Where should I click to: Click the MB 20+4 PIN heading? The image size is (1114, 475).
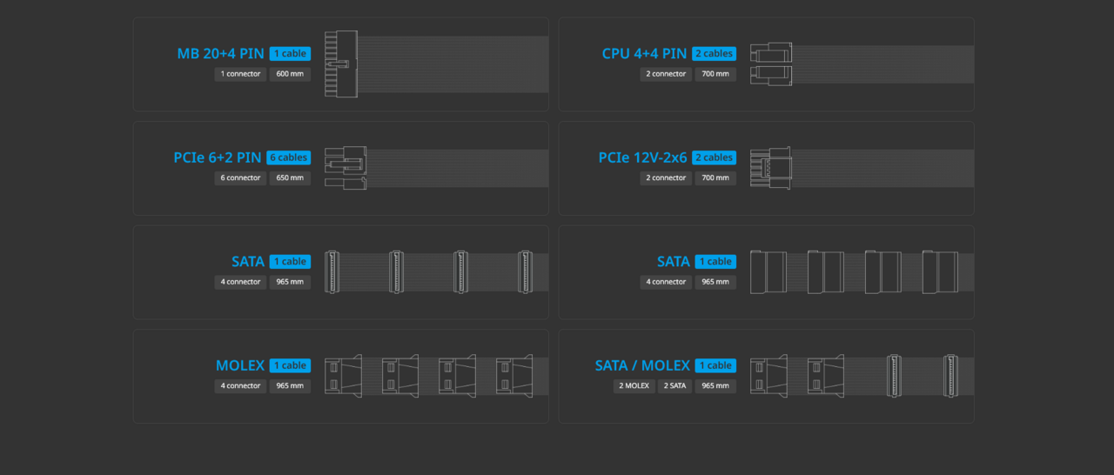click(220, 54)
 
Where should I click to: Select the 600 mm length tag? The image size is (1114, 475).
click(290, 74)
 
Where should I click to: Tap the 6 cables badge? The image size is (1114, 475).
click(288, 157)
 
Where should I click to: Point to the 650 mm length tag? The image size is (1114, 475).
click(290, 178)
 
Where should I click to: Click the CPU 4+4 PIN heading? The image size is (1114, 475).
click(644, 54)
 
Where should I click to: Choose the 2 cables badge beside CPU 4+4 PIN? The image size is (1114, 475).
click(714, 54)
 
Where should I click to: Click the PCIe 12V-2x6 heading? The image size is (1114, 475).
click(642, 157)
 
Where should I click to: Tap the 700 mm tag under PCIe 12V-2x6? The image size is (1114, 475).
click(715, 178)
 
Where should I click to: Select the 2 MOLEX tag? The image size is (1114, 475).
click(634, 386)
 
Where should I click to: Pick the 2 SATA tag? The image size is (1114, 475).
click(674, 386)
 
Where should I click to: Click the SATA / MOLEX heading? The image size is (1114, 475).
click(642, 365)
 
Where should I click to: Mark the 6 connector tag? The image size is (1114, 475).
click(240, 178)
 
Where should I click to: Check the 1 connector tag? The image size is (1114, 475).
click(240, 74)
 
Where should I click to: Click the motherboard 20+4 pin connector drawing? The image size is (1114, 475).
click(340, 64)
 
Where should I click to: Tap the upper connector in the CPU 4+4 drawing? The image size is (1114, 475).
click(770, 52)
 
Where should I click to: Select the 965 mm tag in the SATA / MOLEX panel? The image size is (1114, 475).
click(715, 386)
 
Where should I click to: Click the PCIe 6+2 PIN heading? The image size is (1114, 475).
click(218, 157)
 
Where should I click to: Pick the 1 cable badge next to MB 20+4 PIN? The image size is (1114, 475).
click(290, 54)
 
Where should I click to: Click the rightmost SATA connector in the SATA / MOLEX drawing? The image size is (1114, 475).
click(950, 376)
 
